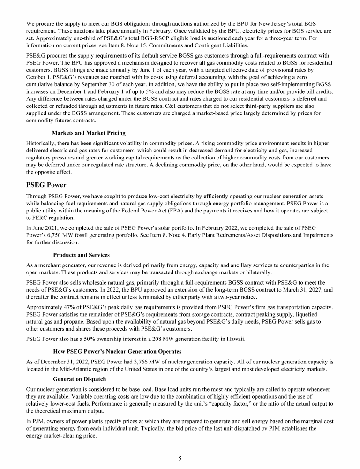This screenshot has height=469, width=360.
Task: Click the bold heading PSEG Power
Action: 46,185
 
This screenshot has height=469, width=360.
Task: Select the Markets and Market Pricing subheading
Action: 89,133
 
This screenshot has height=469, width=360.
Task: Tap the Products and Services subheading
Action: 81,255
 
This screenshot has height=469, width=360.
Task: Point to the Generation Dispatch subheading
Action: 80,378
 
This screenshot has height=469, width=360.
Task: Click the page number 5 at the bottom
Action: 180,458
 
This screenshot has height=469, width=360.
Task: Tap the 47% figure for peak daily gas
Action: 70,307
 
